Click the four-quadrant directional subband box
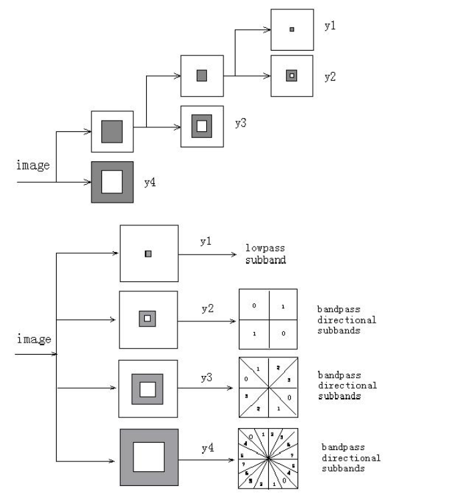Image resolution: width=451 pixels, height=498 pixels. coord(268,319)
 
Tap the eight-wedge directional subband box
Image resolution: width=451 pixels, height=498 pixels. coord(268,387)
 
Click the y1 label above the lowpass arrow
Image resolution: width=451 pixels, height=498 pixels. coord(205,240)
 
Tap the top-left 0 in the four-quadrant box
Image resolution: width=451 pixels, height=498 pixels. coord(254,305)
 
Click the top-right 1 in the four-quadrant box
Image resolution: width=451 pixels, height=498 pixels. coord(283,306)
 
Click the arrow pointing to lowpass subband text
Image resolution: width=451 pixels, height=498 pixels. coord(213,254)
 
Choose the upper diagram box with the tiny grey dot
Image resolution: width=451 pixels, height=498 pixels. coord(292,29)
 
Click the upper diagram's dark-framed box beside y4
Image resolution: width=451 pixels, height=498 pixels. coord(112,181)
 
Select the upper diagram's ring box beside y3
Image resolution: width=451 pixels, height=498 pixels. coord(201,126)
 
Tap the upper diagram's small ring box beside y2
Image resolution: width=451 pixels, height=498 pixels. coord(292,76)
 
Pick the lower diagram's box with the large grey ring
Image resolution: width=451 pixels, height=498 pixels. coord(149,457)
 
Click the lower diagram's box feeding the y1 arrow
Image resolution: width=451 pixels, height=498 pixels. coord(149,253)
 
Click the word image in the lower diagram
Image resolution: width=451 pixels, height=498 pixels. coord(33,339)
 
